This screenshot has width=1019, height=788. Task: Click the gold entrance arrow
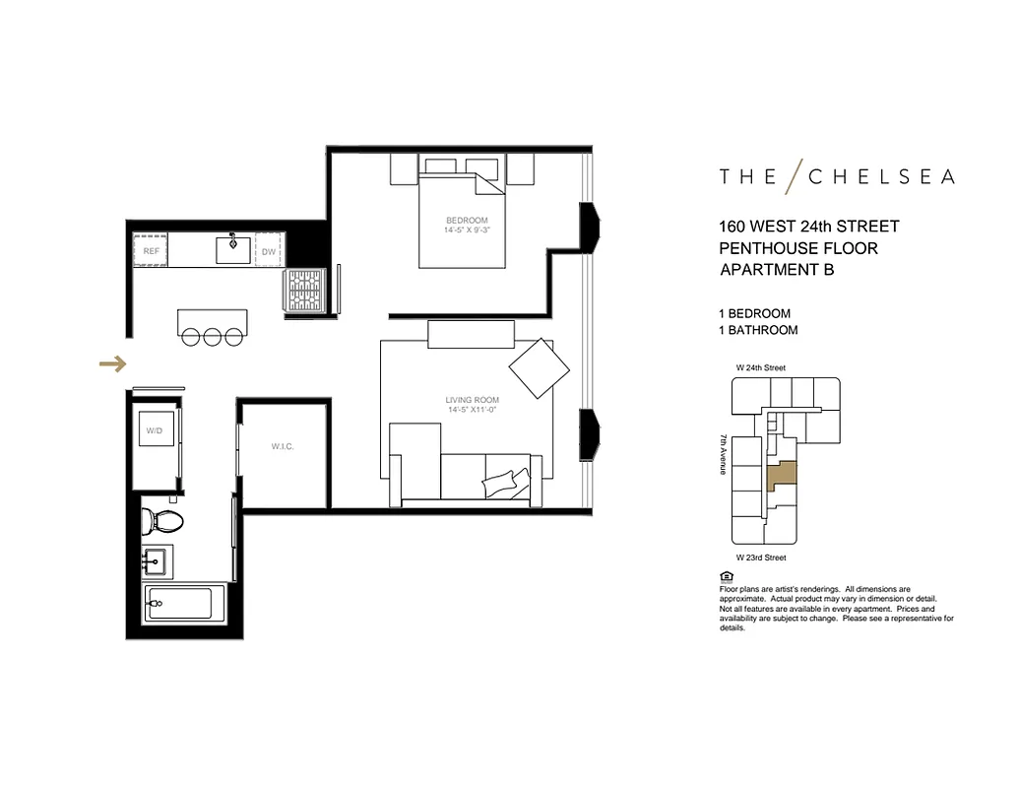(x=113, y=364)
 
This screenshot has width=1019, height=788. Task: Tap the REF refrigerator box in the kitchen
(x=151, y=251)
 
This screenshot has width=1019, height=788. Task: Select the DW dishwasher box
(x=269, y=252)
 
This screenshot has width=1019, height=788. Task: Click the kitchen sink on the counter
(x=233, y=249)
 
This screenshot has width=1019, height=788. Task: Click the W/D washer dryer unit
(x=155, y=430)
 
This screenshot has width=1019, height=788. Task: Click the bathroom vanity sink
(x=157, y=563)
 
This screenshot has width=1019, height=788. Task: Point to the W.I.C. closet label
(x=284, y=446)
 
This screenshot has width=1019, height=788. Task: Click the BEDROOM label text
(x=466, y=220)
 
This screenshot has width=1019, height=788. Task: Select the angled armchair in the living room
(x=539, y=369)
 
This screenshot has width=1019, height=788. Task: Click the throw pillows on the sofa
(x=506, y=484)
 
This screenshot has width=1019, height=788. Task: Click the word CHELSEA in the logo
(x=881, y=177)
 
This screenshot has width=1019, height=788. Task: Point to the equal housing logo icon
(x=726, y=576)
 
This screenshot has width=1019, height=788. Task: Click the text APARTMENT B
(x=777, y=270)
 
